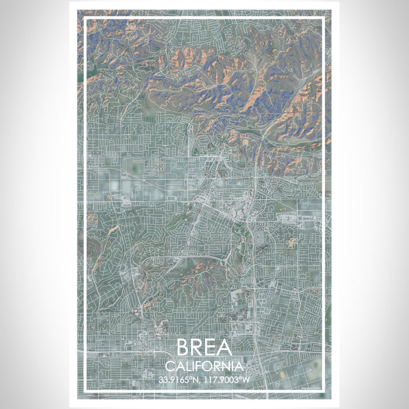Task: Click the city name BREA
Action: pyautogui.click(x=204, y=348)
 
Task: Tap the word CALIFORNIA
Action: pyautogui.click(x=204, y=366)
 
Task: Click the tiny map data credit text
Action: pyautogui.click(x=311, y=386)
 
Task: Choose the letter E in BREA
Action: pyautogui.click(x=211, y=348)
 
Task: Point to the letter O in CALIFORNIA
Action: pyautogui.click(x=207, y=366)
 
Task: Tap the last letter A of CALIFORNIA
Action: pyautogui.click(x=239, y=366)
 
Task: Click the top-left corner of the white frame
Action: pyautogui.click(x=85, y=18)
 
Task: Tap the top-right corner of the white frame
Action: pyautogui.click(x=324, y=18)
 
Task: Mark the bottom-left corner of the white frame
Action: pyautogui.click(x=85, y=390)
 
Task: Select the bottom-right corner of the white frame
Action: pyautogui.click(x=324, y=390)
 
